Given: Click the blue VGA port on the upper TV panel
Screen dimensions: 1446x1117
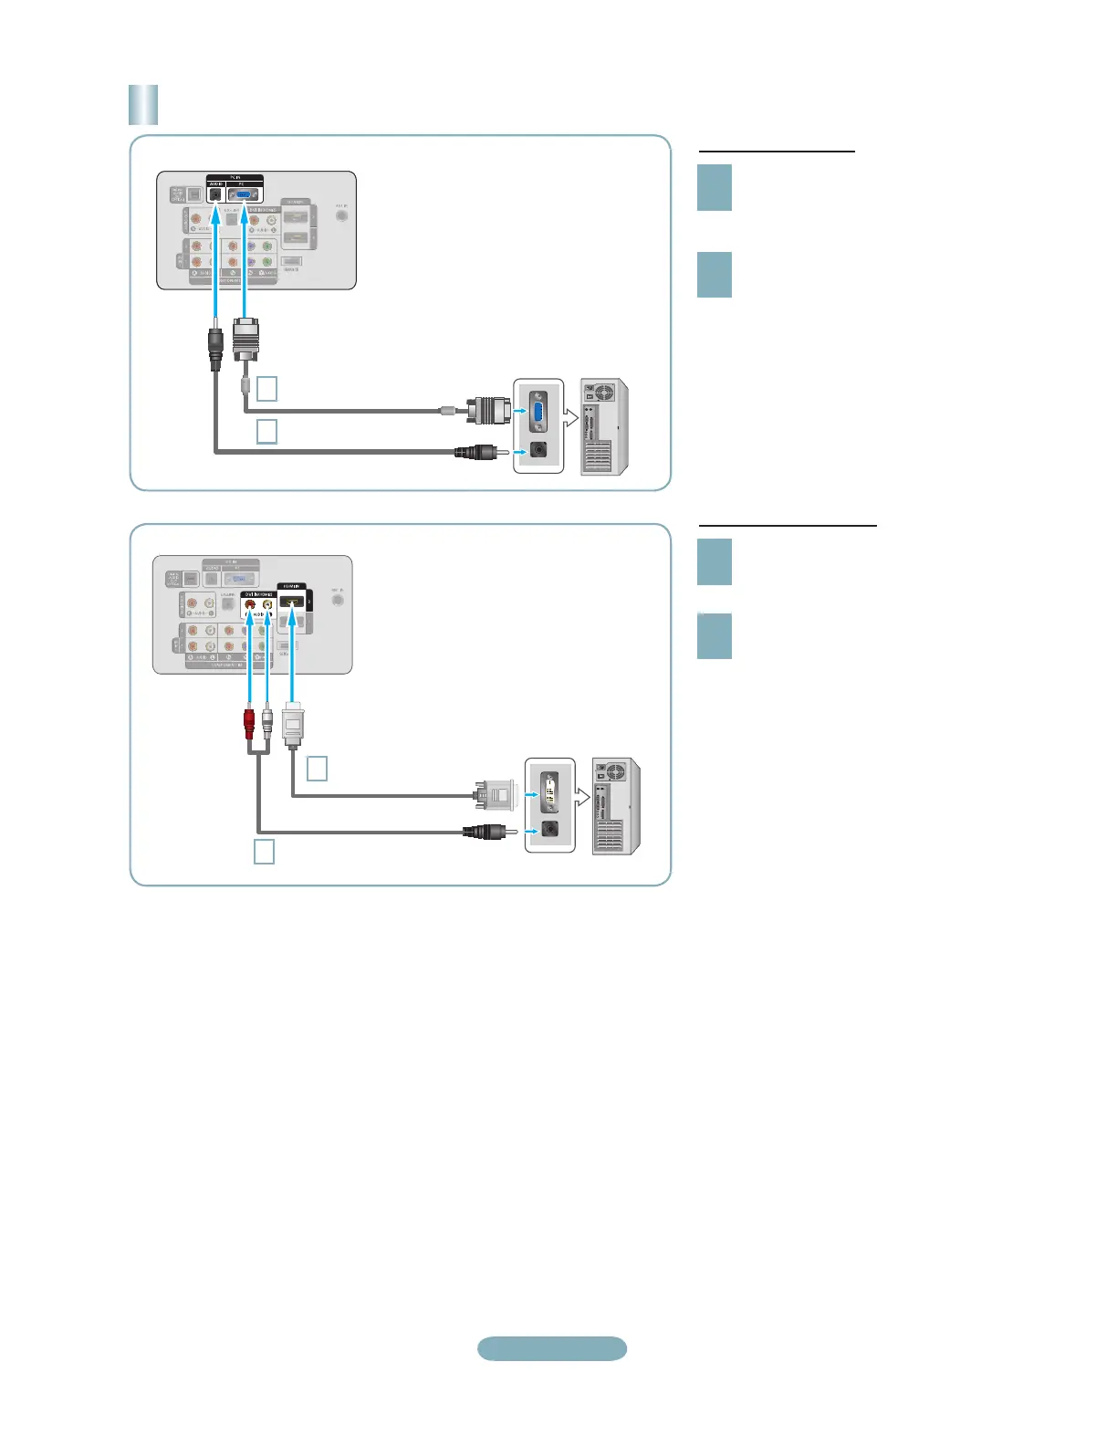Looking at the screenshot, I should pos(242,194).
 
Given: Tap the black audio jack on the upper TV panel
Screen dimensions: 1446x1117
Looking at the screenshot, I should pos(215,194).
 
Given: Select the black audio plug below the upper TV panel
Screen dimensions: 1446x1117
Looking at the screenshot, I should pos(215,348).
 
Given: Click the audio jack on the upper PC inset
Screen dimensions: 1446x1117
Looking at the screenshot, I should pos(538,450).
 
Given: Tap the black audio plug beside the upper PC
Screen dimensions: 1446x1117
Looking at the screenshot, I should pos(475,451).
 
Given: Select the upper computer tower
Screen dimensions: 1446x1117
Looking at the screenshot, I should pos(604,426).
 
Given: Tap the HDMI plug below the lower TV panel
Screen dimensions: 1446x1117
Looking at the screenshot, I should pos(292,726).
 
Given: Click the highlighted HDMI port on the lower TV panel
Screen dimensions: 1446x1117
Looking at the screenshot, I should pos(291,603).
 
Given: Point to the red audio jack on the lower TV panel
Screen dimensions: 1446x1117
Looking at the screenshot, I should pos(250,604).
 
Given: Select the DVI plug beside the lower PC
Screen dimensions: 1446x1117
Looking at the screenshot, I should pos(494,794).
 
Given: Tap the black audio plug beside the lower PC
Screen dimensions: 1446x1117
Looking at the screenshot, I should pos(484,832).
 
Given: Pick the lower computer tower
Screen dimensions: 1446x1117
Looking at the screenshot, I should pos(616,806).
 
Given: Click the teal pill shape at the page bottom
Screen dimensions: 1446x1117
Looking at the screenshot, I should pos(552,1348).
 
